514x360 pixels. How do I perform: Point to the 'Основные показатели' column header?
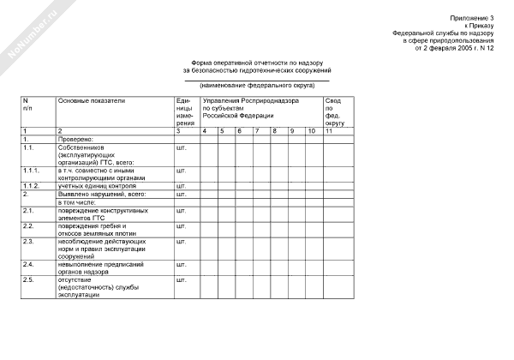click(92, 101)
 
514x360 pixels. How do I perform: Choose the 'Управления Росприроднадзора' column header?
click(250, 101)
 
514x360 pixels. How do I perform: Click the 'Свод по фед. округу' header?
click(333, 112)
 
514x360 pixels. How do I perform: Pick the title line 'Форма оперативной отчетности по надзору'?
click(256, 63)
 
